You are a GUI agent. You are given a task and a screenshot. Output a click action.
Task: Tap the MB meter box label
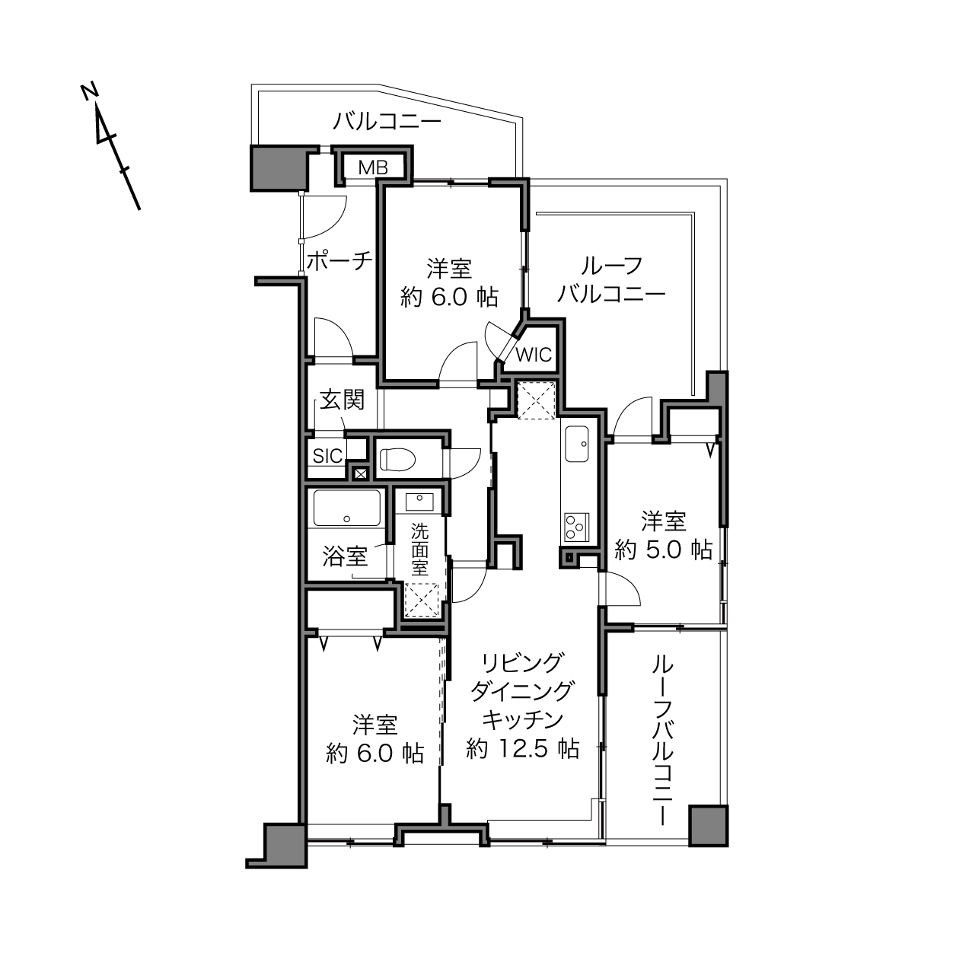pyautogui.click(x=373, y=168)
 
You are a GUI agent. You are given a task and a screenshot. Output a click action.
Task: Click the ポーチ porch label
pyautogui.click(x=339, y=260)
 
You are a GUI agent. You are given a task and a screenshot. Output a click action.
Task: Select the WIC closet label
pyautogui.click(x=534, y=354)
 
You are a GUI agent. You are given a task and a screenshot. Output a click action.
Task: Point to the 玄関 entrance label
pyautogui.click(x=342, y=400)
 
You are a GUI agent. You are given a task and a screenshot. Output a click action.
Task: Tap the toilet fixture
pyautogui.click(x=397, y=459)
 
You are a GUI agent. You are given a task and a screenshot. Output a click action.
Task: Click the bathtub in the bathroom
pyautogui.click(x=347, y=508)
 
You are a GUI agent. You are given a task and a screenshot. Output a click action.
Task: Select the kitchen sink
pyautogui.click(x=577, y=444)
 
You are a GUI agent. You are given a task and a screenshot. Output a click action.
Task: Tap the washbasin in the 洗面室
pyautogui.click(x=419, y=502)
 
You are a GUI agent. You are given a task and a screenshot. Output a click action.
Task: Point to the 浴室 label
pyautogui.click(x=345, y=556)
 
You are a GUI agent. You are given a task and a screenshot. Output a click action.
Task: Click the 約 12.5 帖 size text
pyautogui.click(x=523, y=749)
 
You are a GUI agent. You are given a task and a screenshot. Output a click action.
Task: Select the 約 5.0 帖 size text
pyautogui.click(x=663, y=549)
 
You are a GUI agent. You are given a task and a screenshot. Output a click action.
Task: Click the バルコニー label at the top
pyautogui.click(x=387, y=121)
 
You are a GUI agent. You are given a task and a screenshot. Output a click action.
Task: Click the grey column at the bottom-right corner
pyautogui.click(x=708, y=825)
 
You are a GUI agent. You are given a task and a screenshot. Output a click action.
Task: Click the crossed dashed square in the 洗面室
pyautogui.click(x=422, y=600)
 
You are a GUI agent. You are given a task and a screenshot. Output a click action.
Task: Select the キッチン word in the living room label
pyautogui.click(x=523, y=719)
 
